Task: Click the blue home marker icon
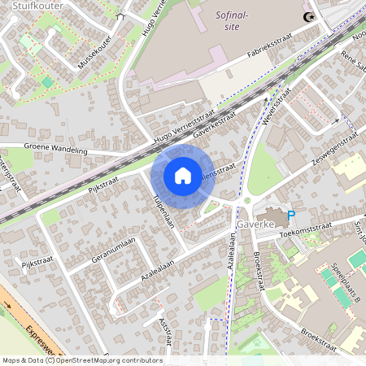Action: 183,176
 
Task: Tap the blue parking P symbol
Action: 290,215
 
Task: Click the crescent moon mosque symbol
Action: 308,17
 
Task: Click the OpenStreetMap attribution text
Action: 81,360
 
